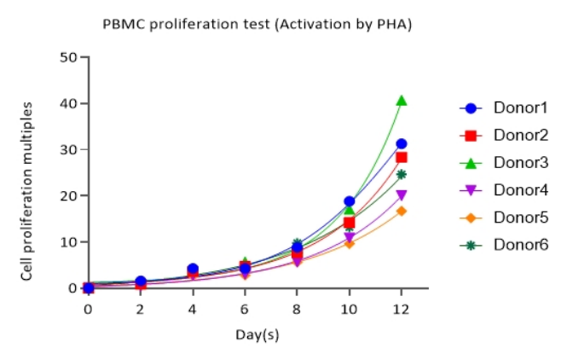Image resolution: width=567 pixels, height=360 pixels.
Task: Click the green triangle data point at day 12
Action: coord(402,101)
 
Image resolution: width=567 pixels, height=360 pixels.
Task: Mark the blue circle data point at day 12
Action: coord(402,144)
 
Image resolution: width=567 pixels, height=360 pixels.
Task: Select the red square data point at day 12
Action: coord(402,157)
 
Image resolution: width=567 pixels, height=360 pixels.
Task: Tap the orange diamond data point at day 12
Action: coord(402,211)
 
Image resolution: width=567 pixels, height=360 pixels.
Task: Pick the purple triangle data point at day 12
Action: coord(402,195)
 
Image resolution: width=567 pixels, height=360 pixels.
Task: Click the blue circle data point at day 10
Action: coord(349,201)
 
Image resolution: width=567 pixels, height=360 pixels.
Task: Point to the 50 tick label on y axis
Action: coord(67,57)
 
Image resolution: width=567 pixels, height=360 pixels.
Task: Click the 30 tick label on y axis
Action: coord(67,149)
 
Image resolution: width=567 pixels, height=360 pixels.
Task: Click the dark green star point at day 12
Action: coord(402,175)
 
